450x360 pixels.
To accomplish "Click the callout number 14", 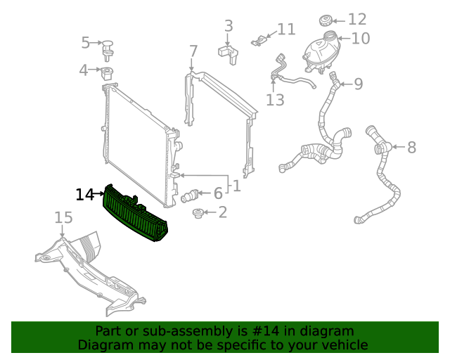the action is coord(84,194).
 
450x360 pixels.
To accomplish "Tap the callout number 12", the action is coord(357,19).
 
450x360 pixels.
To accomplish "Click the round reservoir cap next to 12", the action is coord(326,19).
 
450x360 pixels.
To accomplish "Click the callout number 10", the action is coord(360,38).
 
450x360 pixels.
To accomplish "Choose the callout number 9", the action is coord(358,84).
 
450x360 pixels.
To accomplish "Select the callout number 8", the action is coord(411,148).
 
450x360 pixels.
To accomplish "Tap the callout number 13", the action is coord(275,100).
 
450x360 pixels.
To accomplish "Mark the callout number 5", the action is coord(86,43).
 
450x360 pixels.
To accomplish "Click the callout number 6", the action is coord(218,193).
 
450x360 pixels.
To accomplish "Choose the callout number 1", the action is coord(236,186).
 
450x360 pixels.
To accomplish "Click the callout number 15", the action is coord(63,218).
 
